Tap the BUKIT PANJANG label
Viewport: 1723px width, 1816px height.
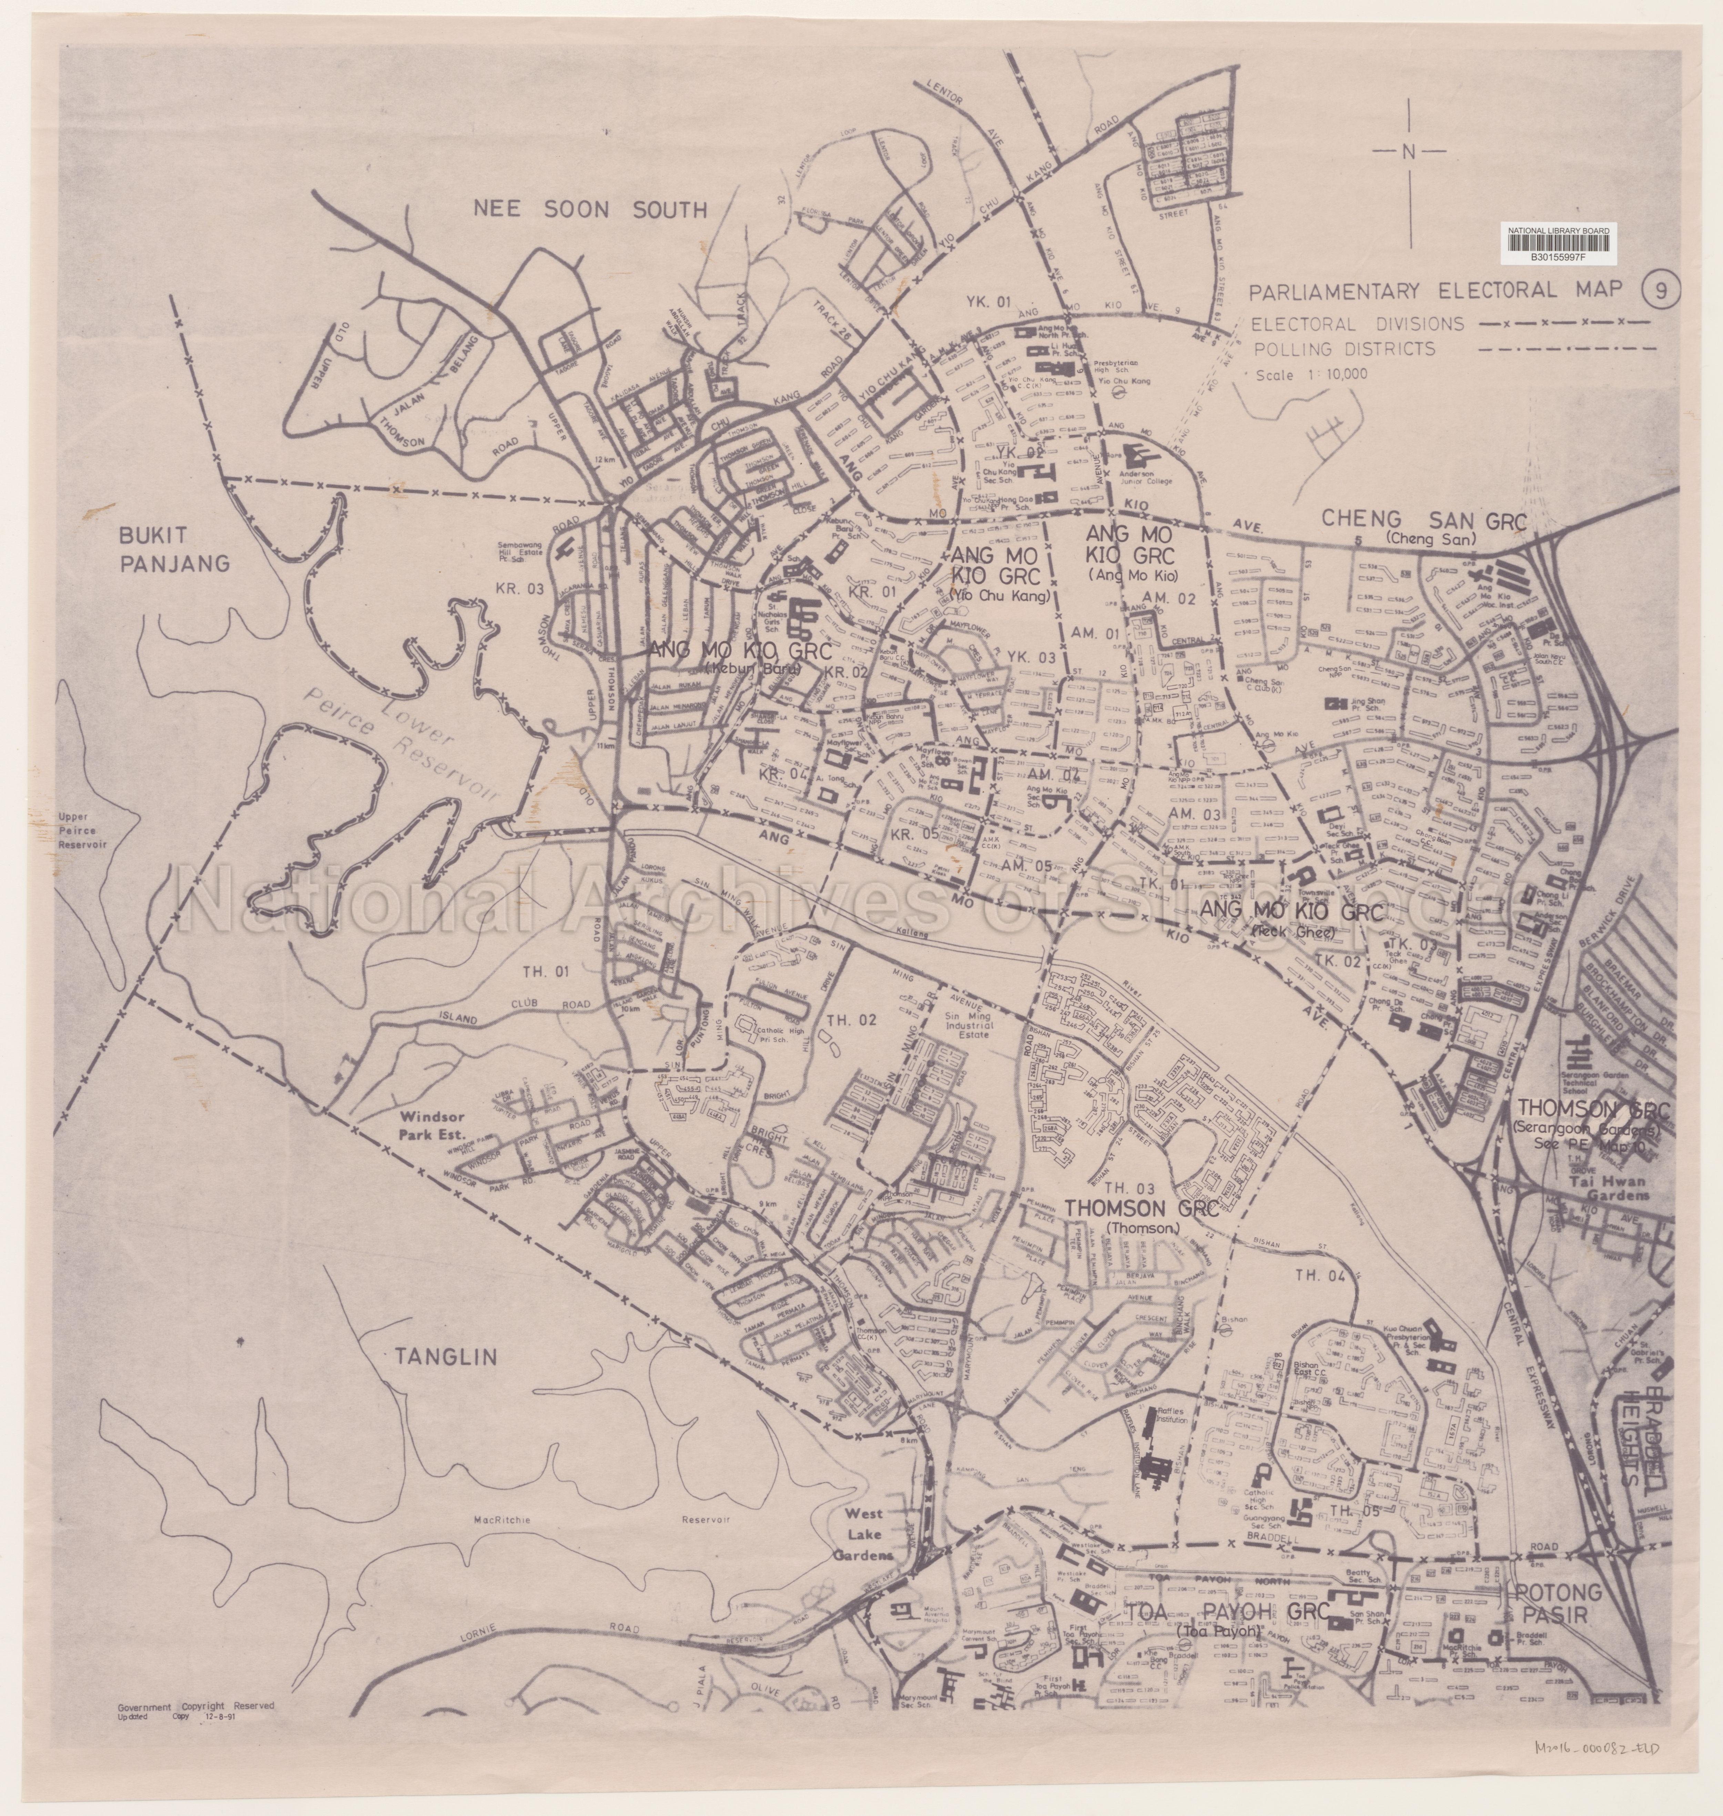(174, 549)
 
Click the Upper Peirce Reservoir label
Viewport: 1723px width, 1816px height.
(83, 829)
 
